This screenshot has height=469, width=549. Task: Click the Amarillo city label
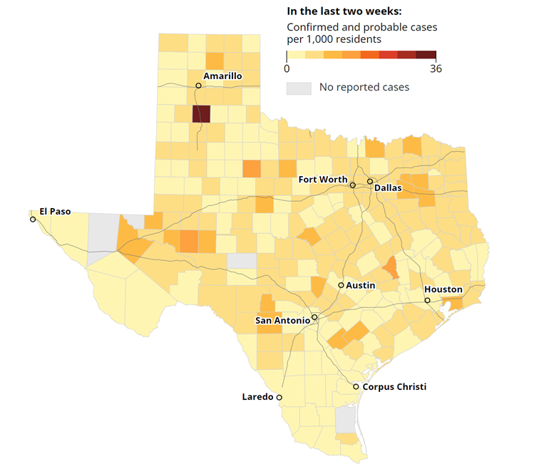click(x=222, y=76)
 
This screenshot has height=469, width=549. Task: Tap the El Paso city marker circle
click(x=33, y=220)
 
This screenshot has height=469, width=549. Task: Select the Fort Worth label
click(x=323, y=180)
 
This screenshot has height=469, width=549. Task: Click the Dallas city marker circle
click(x=370, y=182)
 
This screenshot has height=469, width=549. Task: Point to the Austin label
click(x=360, y=285)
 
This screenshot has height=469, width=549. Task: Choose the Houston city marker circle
click(x=428, y=301)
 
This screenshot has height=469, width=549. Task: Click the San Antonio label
click(x=282, y=321)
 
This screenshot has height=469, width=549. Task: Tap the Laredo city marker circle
click(x=279, y=398)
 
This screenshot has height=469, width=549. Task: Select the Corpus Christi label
click(x=394, y=387)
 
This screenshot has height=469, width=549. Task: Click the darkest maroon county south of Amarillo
click(x=201, y=115)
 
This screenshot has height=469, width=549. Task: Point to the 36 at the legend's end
click(x=436, y=69)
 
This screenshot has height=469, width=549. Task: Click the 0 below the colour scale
click(x=287, y=69)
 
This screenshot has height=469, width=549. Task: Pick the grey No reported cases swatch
click(x=299, y=88)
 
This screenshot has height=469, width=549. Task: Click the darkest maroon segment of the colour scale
click(x=426, y=55)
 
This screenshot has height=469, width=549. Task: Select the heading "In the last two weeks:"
click(x=344, y=11)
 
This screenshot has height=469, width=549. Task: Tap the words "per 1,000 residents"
click(x=334, y=40)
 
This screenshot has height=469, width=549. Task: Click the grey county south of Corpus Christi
click(x=345, y=420)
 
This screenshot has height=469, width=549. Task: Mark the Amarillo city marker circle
click(x=198, y=86)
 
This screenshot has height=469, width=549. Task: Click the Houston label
click(x=443, y=289)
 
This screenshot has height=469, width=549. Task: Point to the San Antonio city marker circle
click(x=314, y=316)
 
